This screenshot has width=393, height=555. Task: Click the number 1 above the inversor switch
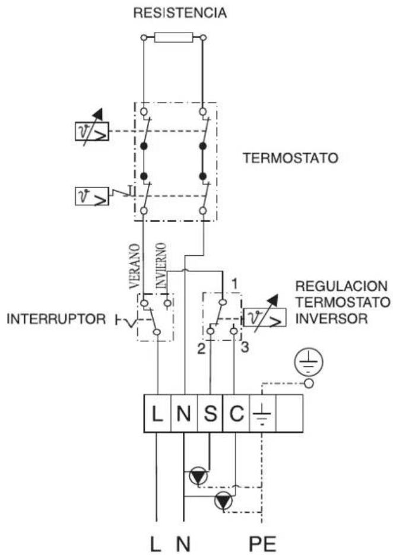pyautogui.click(x=234, y=283)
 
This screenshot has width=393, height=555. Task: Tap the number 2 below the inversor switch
pyautogui.click(x=201, y=350)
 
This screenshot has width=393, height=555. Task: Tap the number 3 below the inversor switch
pyautogui.click(x=243, y=350)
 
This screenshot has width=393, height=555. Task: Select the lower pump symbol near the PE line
pyautogui.click(x=224, y=501)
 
